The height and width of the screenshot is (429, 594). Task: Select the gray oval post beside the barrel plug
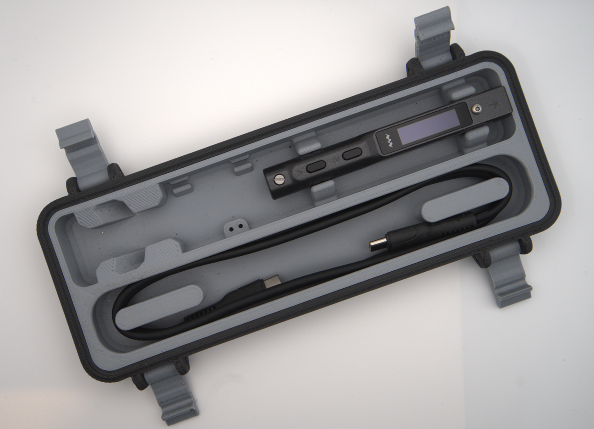point(464,205)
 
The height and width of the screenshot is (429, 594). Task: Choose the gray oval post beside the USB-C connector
point(158,307)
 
